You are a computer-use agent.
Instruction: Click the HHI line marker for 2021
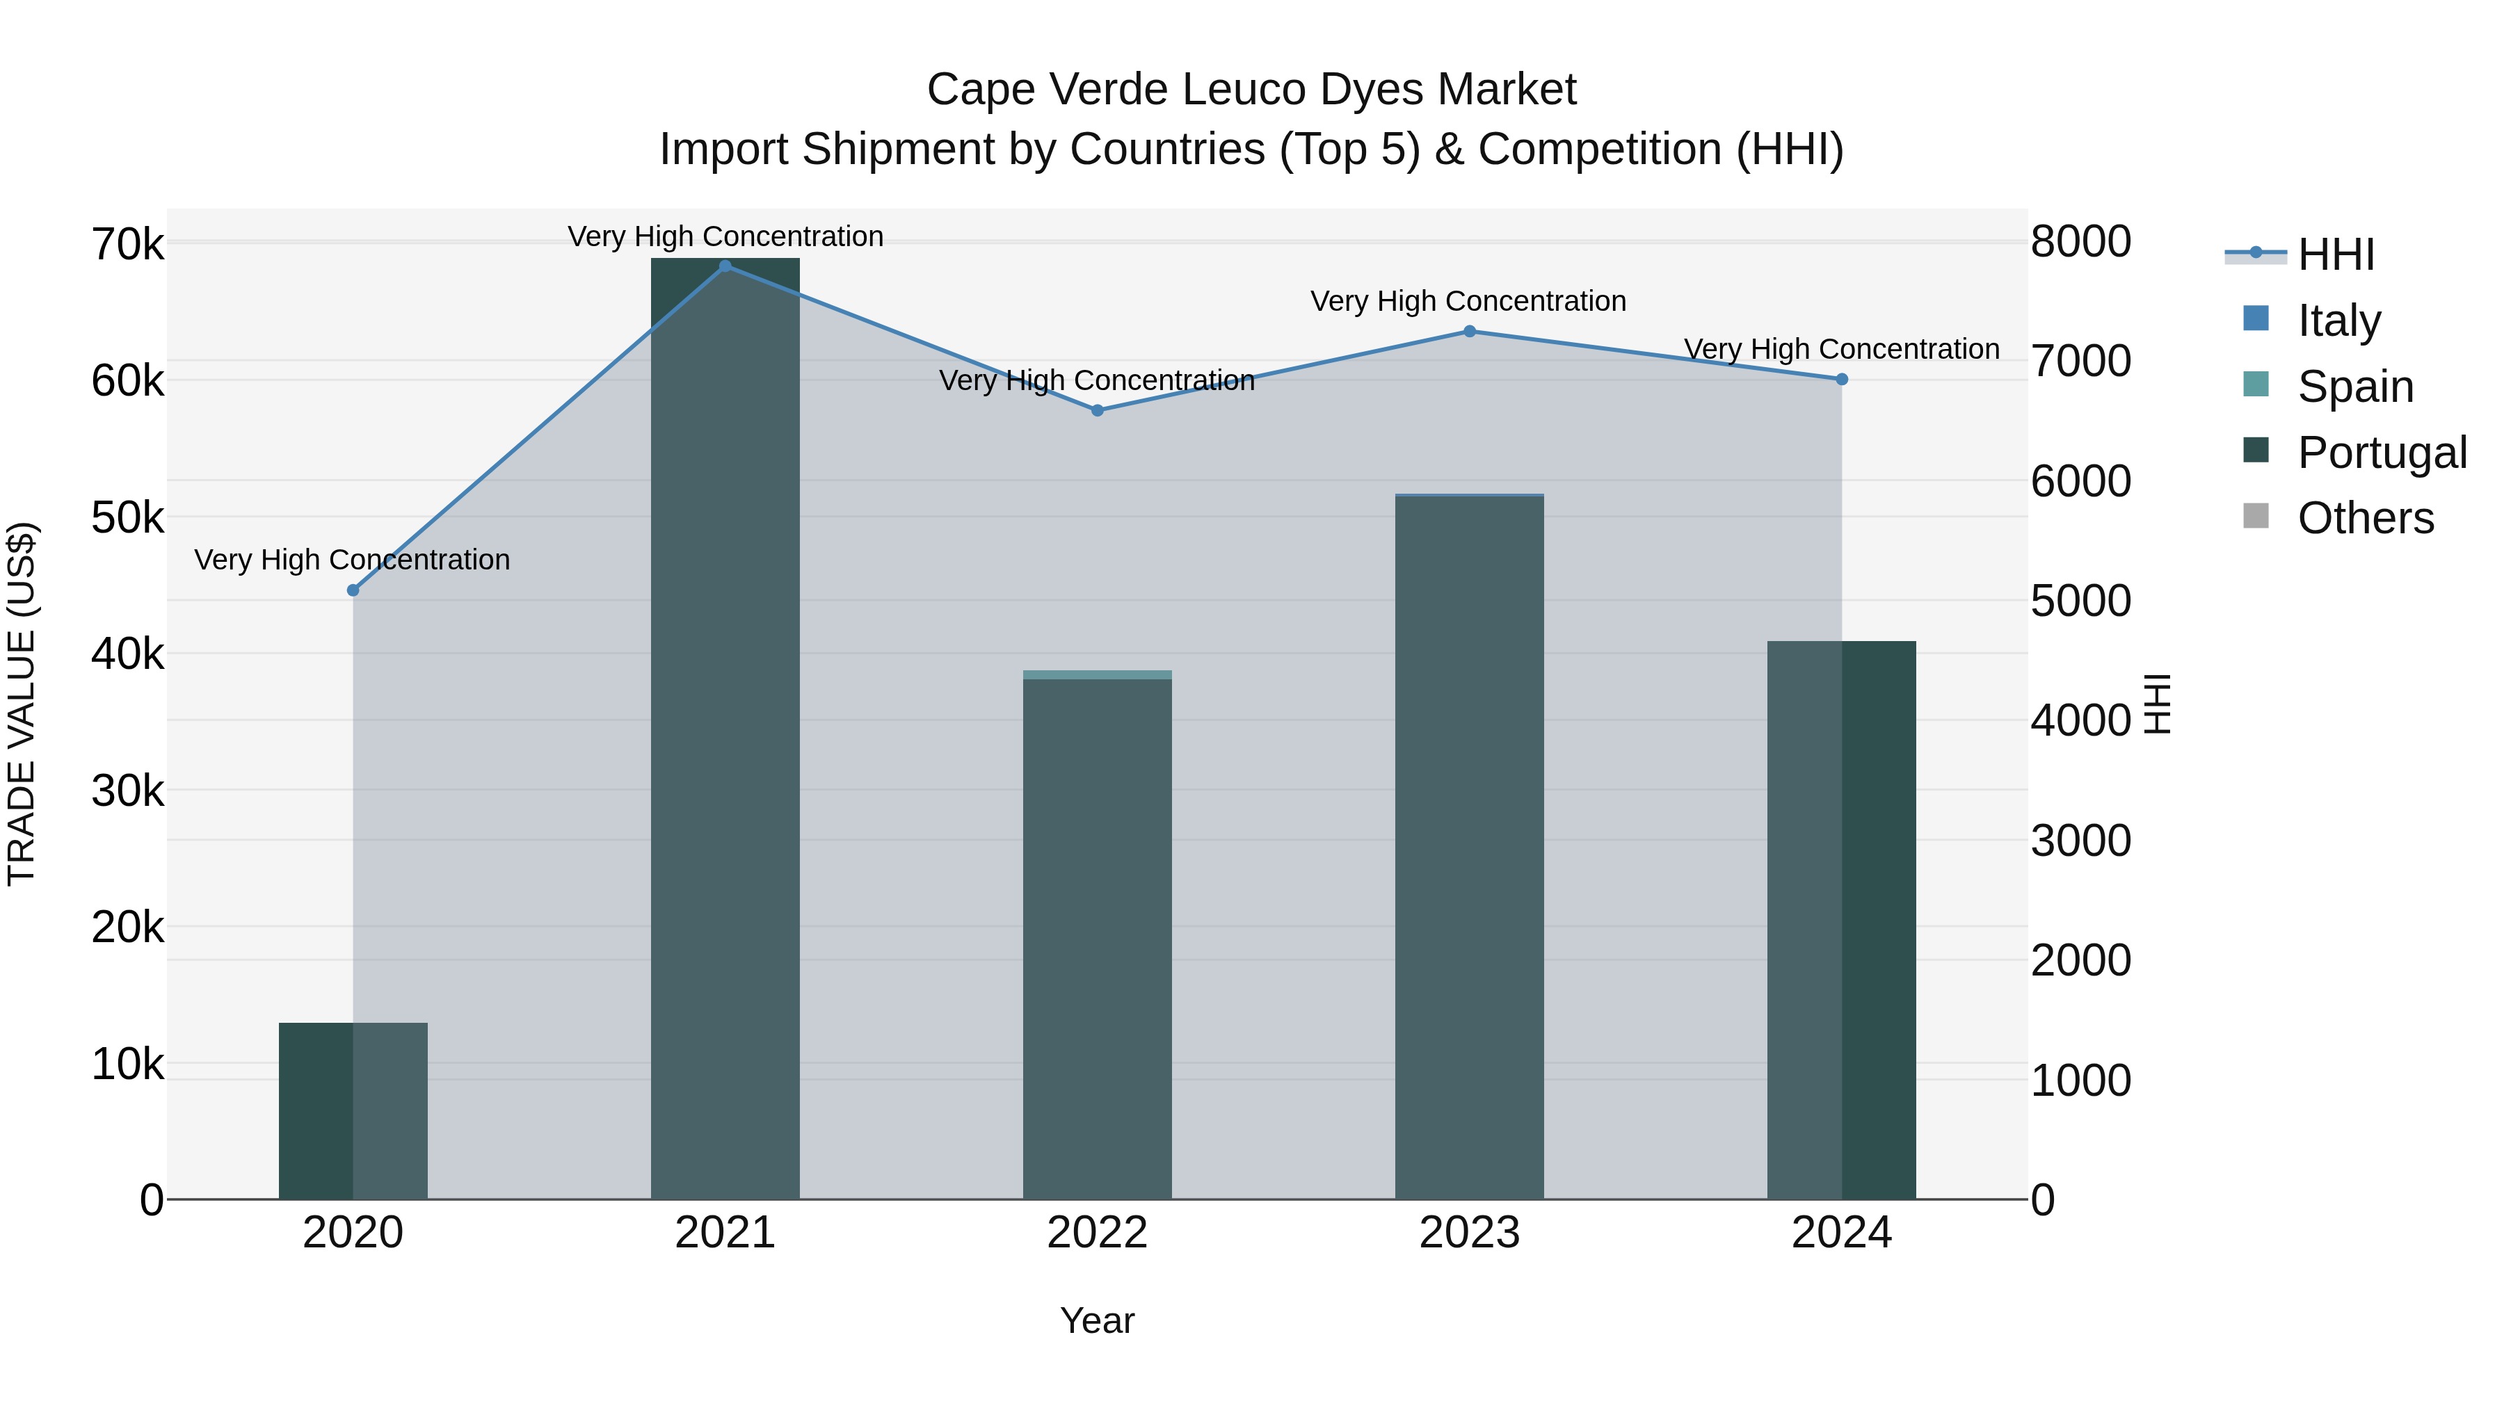(725, 266)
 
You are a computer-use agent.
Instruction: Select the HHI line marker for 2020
(353, 591)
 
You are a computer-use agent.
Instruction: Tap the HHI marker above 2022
(1098, 411)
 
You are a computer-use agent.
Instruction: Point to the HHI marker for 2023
(1470, 332)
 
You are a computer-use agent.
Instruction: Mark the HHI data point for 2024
(1842, 380)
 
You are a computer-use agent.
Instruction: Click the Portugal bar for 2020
(353, 1112)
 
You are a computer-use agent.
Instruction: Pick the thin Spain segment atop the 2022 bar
(1098, 675)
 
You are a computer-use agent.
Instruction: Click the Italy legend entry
(2338, 320)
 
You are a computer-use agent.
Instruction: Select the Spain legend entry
(2354, 386)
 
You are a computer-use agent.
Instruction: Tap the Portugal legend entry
(2381, 452)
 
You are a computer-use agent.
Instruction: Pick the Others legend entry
(2364, 518)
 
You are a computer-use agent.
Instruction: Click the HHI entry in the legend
(2335, 254)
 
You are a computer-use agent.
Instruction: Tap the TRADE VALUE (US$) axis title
(22, 704)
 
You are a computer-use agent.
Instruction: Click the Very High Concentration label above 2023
(1468, 301)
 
